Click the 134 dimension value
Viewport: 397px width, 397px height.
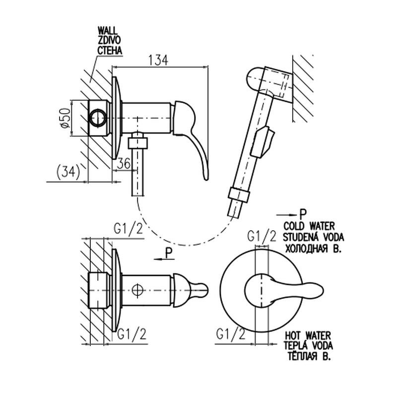(157, 60)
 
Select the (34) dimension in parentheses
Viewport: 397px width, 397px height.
(67, 172)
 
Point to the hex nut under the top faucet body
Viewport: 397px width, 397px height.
(137, 142)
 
